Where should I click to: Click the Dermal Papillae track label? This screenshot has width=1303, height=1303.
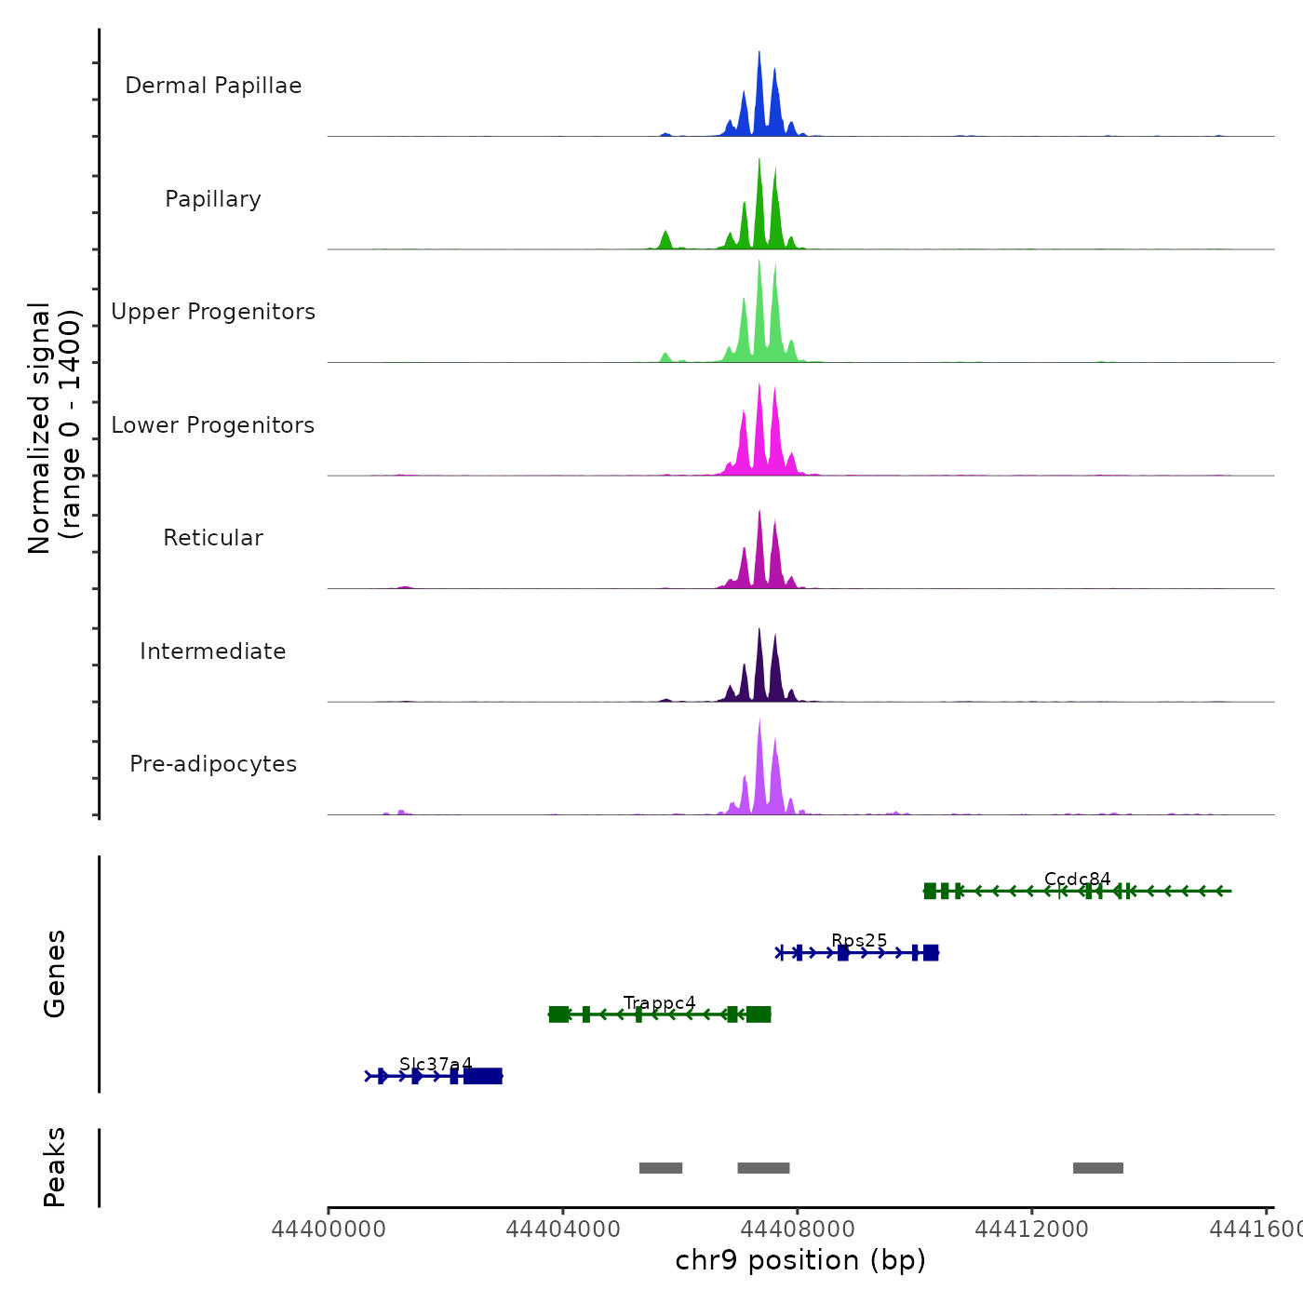coord(213,86)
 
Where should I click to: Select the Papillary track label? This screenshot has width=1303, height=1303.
coord(213,199)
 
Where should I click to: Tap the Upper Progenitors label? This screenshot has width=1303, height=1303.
coord(213,312)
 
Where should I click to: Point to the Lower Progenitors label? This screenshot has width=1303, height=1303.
coord(213,425)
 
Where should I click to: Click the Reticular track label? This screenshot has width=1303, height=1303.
coord(213,538)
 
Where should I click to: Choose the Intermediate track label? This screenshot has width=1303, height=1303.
coord(213,651)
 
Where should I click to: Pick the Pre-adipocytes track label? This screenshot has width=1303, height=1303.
coord(213,764)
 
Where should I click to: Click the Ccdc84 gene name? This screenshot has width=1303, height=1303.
coord(1077,880)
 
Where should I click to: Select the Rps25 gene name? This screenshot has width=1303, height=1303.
coord(859,941)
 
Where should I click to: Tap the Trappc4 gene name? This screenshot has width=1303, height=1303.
coord(659,1003)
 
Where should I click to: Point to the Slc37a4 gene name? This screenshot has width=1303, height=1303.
coord(436,1065)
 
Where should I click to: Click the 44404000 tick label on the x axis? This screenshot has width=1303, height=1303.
coord(563,1229)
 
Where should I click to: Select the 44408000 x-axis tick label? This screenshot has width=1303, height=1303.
coord(798,1229)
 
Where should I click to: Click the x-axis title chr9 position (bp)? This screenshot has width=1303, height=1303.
coord(800,1260)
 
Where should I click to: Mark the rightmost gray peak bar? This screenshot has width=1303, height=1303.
coord(1098,1168)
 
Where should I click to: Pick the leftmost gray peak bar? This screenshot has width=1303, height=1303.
coord(661,1168)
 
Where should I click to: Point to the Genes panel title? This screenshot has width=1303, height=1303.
coord(55,974)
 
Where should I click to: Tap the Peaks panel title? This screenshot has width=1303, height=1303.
coord(55,1167)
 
